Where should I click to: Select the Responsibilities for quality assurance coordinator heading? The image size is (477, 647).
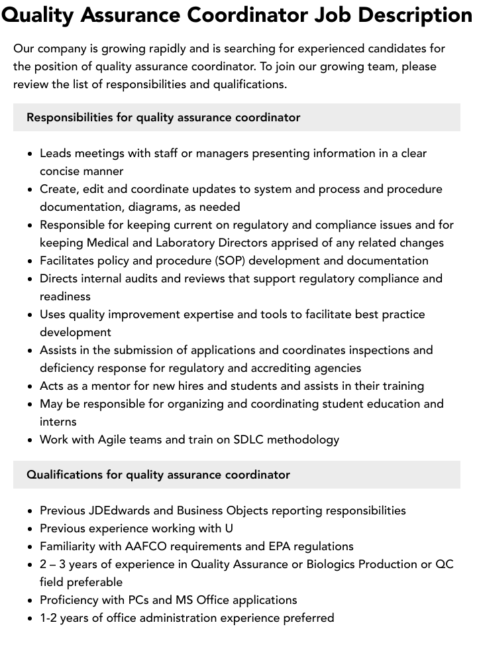[163, 117]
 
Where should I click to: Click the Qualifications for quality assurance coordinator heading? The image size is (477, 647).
[158, 475]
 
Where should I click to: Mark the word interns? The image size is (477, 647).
[58, 422]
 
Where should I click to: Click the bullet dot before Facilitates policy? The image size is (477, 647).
[30, 261]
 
